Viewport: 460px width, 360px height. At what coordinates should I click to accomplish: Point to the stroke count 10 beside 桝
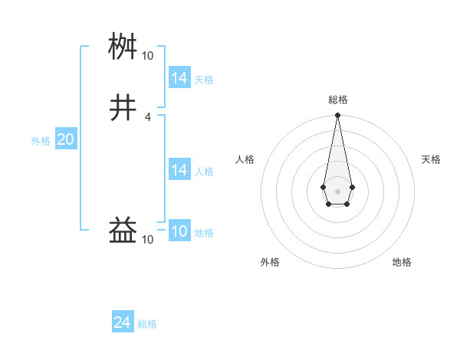pyautogui.click(x=147, y=56)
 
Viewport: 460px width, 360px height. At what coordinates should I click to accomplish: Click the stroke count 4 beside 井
pyautogui.click(x=147, y=116)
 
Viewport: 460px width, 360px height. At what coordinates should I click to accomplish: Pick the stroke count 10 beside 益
pyautogui.click(x=147, y=240)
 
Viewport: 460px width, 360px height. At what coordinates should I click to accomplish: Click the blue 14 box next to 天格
pyautogui.click(x=179, y=78)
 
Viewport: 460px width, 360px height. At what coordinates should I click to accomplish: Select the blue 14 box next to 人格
pyautogui.click(x=179, y=170)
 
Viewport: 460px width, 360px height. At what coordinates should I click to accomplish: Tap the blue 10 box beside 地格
pyautogui.click(x=179, y=231)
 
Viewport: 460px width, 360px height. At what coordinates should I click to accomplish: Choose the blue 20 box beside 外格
pyautogui.click(x=65, y=139)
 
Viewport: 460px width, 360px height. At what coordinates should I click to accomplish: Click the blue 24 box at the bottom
pyautogui.click(x=123, y=323)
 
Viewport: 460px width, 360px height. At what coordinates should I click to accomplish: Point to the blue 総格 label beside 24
pyautogui.click(x=147, y=324)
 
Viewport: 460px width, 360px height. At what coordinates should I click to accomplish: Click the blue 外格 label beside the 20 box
pyautogui.click(x=41, y=140)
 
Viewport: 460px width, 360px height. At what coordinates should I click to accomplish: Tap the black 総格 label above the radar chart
pyautogui.click(x=337, y=100)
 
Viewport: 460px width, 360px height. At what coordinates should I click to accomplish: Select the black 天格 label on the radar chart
pyautogui.click(x=431, y=159)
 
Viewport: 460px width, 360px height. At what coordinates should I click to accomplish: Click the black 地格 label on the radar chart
pyautogui.click(x=402, y=263)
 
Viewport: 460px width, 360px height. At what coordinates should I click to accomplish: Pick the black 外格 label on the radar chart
pyautogui.click(x=270, y=263)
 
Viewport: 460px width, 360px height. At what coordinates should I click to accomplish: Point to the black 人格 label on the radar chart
pyautogui.click(x=245, y=159)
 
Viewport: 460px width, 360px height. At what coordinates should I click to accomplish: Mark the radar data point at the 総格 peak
pyautogui.click(x=337, y=116)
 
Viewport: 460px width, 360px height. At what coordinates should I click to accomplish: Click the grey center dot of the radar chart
pyautogui.click(x=337, y=191)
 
